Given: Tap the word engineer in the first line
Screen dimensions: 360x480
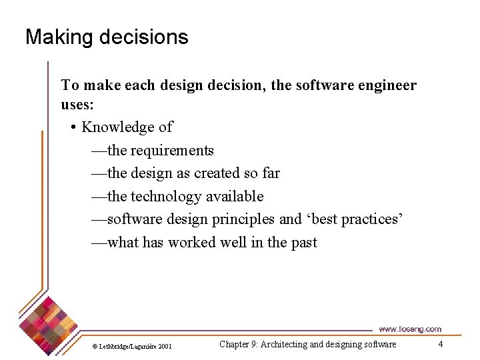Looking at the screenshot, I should (386, 85).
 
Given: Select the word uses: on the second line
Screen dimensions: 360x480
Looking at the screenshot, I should (79, 105).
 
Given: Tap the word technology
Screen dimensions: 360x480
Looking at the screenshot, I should (166, 197).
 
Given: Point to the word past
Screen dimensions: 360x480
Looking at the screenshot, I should (304, 243).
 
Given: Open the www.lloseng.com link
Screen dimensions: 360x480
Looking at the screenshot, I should (409, 329).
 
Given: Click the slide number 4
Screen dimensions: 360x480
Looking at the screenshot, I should (440, 344).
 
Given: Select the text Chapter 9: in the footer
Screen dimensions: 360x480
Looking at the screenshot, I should (239, 345).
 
